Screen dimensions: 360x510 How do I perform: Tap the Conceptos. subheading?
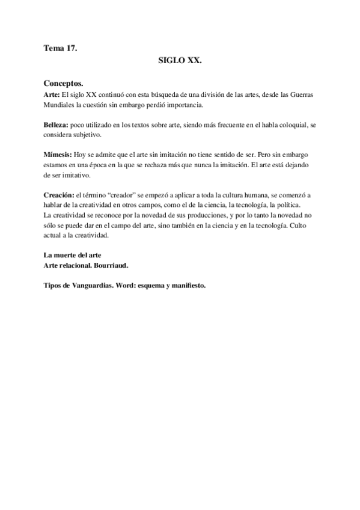[x=64, y=82]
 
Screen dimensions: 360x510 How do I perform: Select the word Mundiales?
[x=60, y=105]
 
